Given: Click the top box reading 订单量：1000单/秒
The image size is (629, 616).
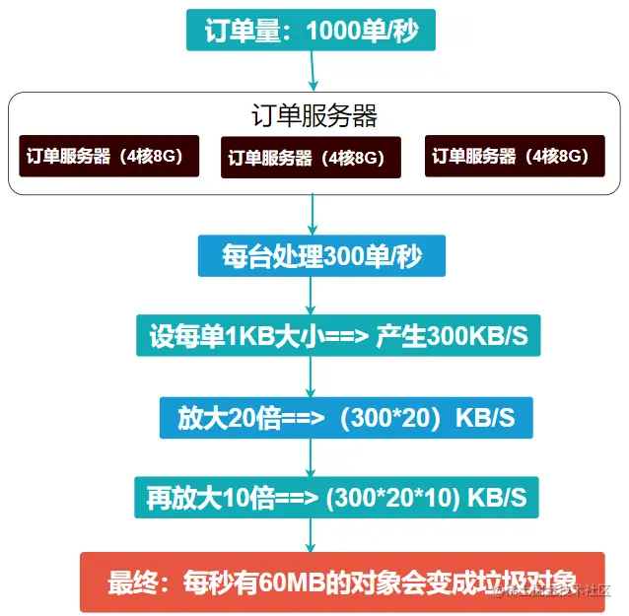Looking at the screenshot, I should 311,32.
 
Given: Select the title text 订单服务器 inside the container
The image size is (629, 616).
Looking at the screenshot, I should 314,115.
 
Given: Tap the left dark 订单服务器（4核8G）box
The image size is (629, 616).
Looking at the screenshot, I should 108,156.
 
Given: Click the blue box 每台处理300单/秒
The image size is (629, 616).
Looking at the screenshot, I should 321,256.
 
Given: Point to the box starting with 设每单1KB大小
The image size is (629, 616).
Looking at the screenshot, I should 338,337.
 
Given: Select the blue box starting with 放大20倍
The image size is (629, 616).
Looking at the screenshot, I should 345,418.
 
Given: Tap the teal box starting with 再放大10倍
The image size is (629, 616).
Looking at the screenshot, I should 336,498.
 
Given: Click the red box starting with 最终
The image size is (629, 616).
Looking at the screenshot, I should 342,582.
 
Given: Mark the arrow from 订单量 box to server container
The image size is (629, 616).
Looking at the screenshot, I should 312,71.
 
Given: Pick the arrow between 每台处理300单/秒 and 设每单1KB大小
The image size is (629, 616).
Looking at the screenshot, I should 313,297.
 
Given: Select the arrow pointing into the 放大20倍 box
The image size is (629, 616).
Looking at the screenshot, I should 313,377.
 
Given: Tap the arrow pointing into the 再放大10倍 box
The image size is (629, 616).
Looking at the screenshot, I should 313,458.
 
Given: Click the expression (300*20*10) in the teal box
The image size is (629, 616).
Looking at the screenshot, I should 394,498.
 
